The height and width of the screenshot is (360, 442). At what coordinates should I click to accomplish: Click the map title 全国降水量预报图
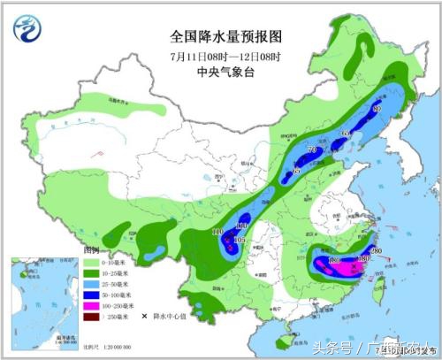pyautogui.click(x=225, y=38)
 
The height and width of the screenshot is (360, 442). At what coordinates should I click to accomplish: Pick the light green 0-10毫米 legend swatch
pyautogui.click(x=92, y=263)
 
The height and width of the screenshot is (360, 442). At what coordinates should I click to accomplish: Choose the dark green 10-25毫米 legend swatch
pyautogui.click(x=92, y=273)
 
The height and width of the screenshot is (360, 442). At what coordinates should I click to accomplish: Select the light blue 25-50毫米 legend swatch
pyautogui.click(x=92, y=284)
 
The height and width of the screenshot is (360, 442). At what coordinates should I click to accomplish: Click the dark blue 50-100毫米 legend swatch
pyautogui.click(x=92, y=295)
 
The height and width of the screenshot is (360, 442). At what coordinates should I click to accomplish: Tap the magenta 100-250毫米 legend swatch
pyautogui.click(x=92, y=305)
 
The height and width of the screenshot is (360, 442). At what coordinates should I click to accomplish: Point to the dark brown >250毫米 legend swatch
pyautogui.click(x=92, y=316)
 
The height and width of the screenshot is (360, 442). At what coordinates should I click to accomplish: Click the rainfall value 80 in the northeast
pyautogui.click(x=377, y=108)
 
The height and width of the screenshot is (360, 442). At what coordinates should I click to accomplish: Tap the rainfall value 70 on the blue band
pyautogui.click(x=312, y=150)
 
